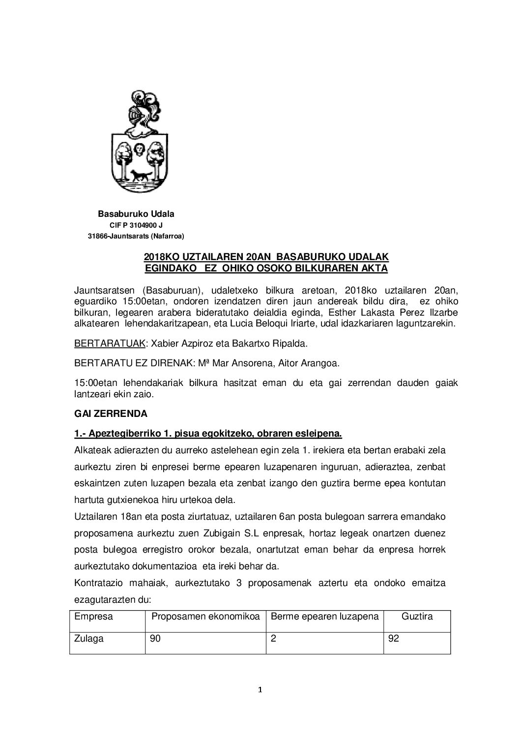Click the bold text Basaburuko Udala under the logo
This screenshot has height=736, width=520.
click(x=136, y=214)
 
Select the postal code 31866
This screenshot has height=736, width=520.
click(x=97, y=236)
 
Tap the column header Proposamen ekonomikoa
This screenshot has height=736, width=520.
click(x=205, y=616)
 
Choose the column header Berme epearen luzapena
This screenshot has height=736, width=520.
click(x=325, y=616)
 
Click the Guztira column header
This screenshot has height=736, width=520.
click(x=417, y=616)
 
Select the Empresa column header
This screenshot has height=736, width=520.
click(x=93, y=616)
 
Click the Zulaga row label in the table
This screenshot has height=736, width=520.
click(x=89, y=639)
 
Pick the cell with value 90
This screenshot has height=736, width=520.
click(x=156, y=639)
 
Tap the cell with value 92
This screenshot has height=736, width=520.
click(x=394, y=639)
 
